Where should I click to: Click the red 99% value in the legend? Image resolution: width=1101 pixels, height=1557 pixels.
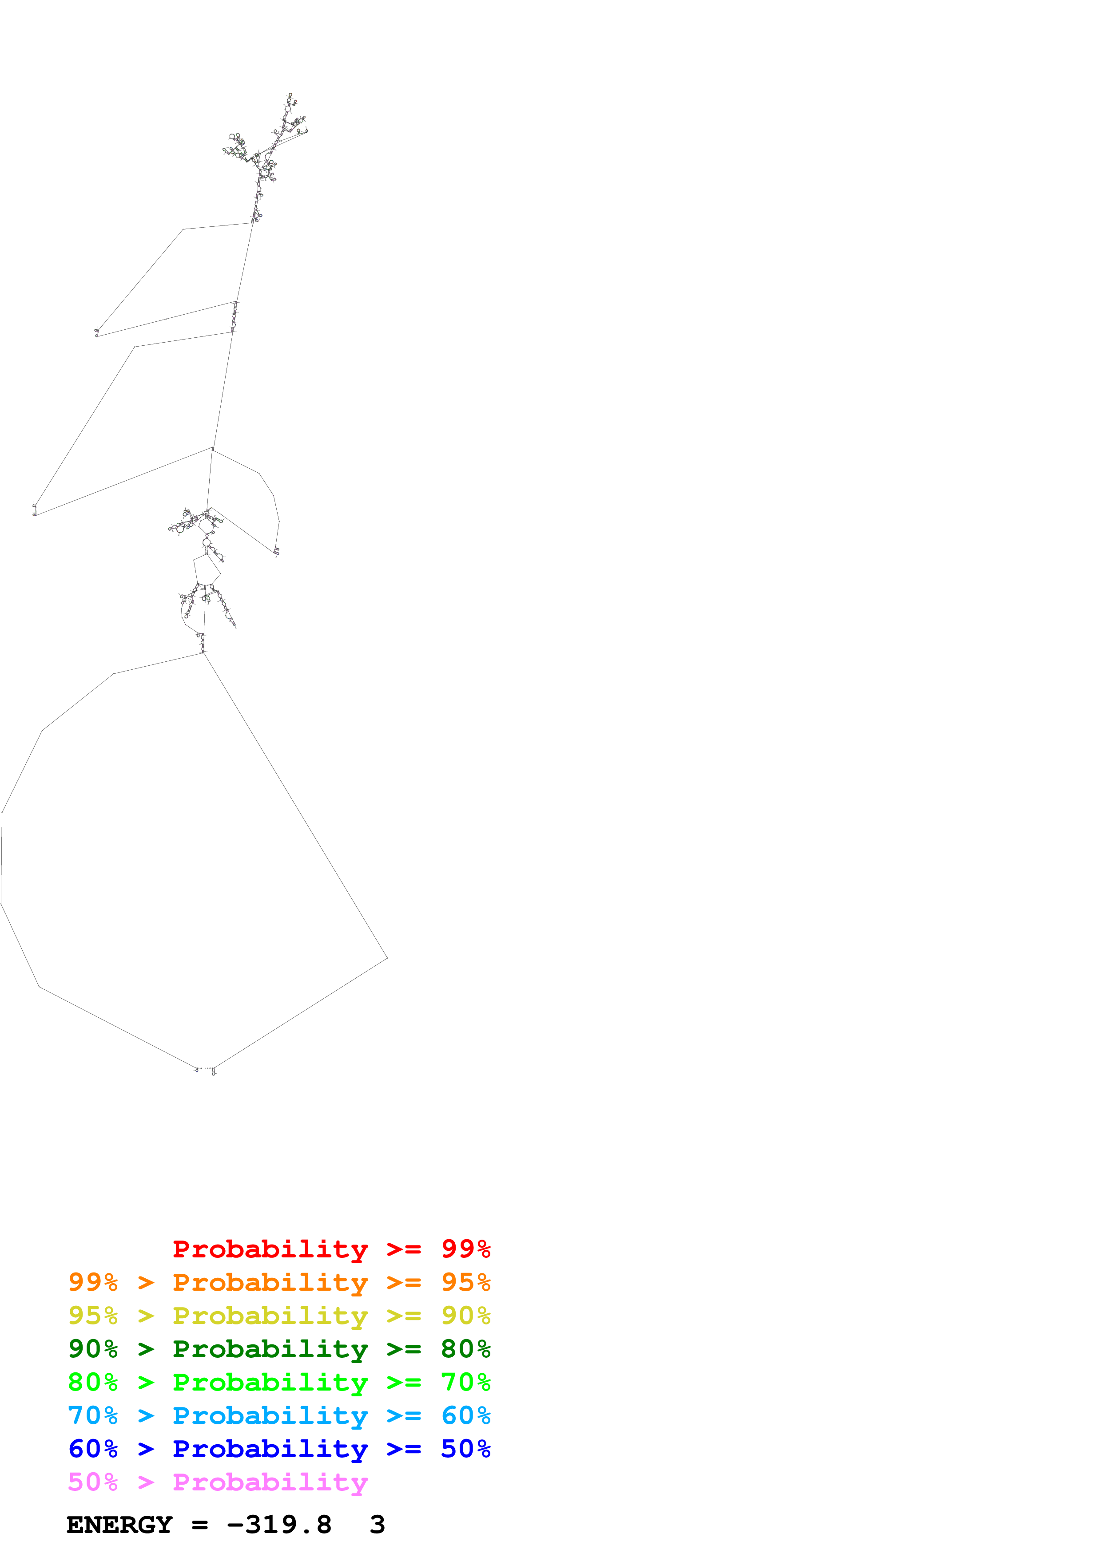[465, 1249]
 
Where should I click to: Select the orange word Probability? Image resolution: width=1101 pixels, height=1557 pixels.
[270, 1282]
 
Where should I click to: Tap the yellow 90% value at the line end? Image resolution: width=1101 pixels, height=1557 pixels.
[465, 1316]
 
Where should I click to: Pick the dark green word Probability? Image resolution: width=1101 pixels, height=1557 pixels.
[270, 1349]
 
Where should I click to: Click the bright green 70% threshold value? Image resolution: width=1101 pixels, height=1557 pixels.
[465, 1382]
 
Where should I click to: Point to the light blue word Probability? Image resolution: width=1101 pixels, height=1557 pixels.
[270, 1415]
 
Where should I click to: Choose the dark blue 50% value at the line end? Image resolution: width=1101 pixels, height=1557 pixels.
[465, 1449]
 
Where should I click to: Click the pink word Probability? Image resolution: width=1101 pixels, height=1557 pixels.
[270, 1482]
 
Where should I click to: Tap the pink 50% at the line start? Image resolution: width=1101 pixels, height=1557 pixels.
[93, 1482]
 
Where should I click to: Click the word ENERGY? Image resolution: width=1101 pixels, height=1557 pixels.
[119, 1525]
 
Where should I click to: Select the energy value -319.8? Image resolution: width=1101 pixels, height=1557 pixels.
[279, 1525]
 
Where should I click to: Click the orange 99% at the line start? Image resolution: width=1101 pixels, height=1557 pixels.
[93, 1282]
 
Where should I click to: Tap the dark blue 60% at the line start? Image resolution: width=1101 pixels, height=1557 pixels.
[93, 1449]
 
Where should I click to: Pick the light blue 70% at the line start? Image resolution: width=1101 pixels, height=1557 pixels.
[93, 1415]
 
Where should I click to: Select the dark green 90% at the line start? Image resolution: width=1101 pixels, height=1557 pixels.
[93, 1349]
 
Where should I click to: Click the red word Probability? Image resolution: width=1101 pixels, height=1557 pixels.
[270, 1249]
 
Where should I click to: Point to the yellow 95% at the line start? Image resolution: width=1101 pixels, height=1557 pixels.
[93, 1316]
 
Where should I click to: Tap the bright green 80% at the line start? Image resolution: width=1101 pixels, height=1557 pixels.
[93, 1382]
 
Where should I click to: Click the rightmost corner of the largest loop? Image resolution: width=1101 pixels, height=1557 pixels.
[387, 957]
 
